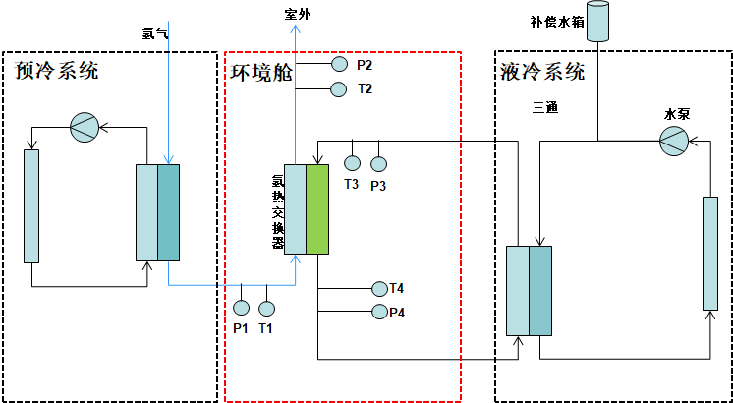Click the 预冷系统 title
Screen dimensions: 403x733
click(x=57, y=71)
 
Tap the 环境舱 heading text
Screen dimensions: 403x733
click(x=261, y=71)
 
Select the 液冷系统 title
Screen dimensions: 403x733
click(x=542, y=71)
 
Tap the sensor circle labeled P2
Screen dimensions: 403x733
click(x=339, y=65)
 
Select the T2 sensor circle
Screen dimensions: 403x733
click(x=339, y=90)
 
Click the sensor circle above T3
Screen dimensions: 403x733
click(x=352, y=163)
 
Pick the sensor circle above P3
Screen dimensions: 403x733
click(x=378, y=163)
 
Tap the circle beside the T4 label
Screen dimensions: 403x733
click(x=380, y=288)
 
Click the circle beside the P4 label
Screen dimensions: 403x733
click(x=380, y=313)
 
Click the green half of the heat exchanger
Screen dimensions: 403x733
click(x=316, y=209)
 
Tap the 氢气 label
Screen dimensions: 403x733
click(x=156, y=32)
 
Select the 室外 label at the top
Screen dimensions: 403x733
click(x=297, y=12)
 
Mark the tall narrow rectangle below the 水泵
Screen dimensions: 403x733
click(x=709, y=253)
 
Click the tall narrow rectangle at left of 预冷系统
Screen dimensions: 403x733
click(x=31, y=205)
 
